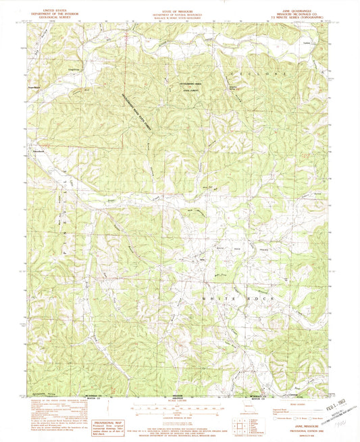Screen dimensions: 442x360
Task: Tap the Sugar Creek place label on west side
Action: [32, 87]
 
